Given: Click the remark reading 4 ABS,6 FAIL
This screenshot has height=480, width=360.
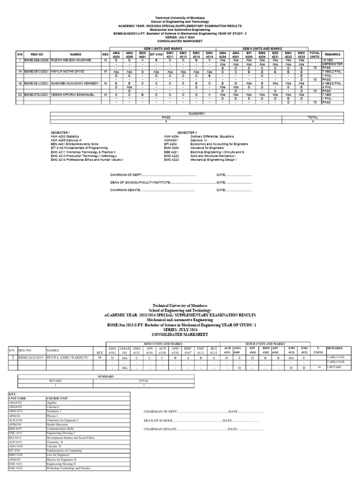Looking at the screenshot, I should click(x=332, y=83).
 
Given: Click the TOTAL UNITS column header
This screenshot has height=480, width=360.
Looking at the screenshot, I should click(x=314, y=55).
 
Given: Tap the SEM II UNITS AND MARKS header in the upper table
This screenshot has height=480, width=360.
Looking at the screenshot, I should click(x=262, y=48).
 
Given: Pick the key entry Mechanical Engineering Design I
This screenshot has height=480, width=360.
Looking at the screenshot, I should click(x=213, y=160).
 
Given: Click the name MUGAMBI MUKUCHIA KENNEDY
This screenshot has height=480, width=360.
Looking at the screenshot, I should click(x=74, y=83).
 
